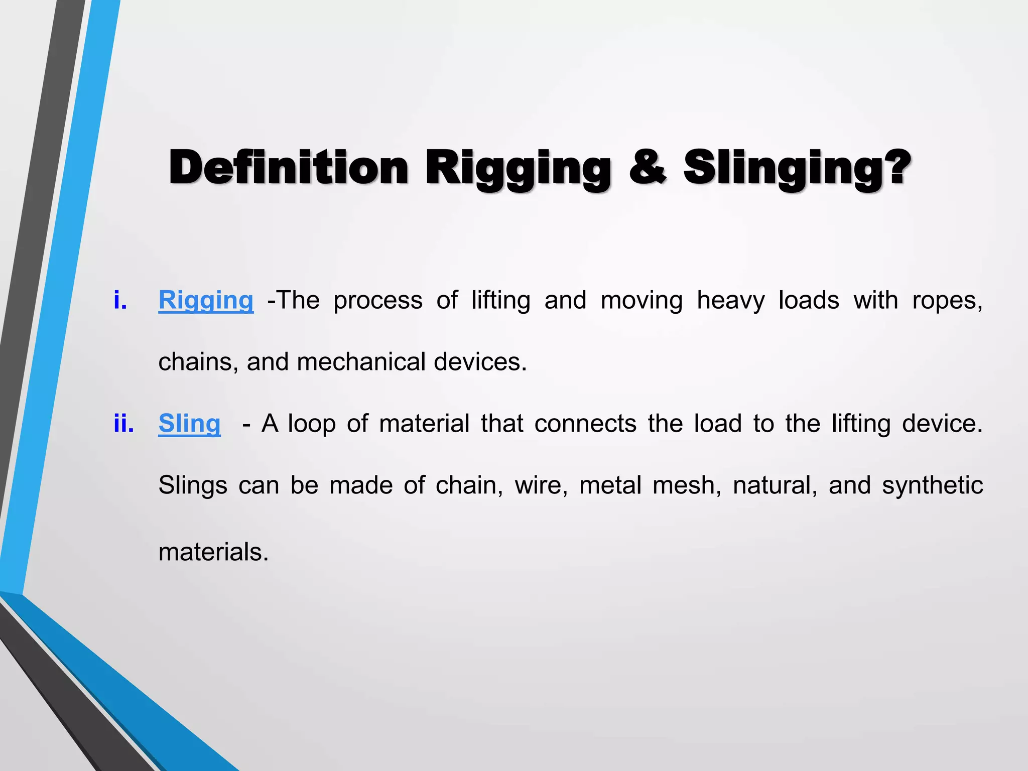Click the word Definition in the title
tap(289, 168)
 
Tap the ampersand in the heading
tap(647, 168)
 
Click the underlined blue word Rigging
tap(206, 301)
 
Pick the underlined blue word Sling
tap(189, 424)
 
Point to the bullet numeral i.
tap(120, 301)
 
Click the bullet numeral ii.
tap(123, 424)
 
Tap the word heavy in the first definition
tap(730, 301)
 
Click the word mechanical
tap(361, 362)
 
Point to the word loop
tap(311, 424)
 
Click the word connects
tap(585, 424)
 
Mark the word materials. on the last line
tap(213, 552)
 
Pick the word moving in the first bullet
tap(641, 301)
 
